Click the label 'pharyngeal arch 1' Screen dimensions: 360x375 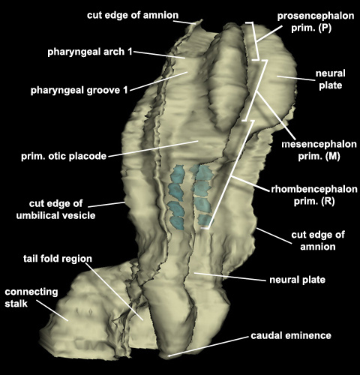click(90, 52)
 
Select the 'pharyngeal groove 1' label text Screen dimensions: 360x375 click(79, 90)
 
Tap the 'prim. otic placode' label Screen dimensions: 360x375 click(64, 156)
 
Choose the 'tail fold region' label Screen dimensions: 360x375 click(58, 259)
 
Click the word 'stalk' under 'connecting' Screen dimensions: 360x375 click(16, 304)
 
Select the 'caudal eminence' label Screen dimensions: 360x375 click(291, 335)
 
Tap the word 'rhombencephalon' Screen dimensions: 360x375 click(314, 189)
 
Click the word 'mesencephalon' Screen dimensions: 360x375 click(319, 144)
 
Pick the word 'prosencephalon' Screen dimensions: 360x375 click(316, 16)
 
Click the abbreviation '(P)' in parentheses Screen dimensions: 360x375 click(325, 28)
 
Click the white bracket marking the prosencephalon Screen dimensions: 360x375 click(256, 40)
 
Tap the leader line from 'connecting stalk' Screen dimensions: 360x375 click(52, 310)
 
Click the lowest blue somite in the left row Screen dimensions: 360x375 click(177, 223)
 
